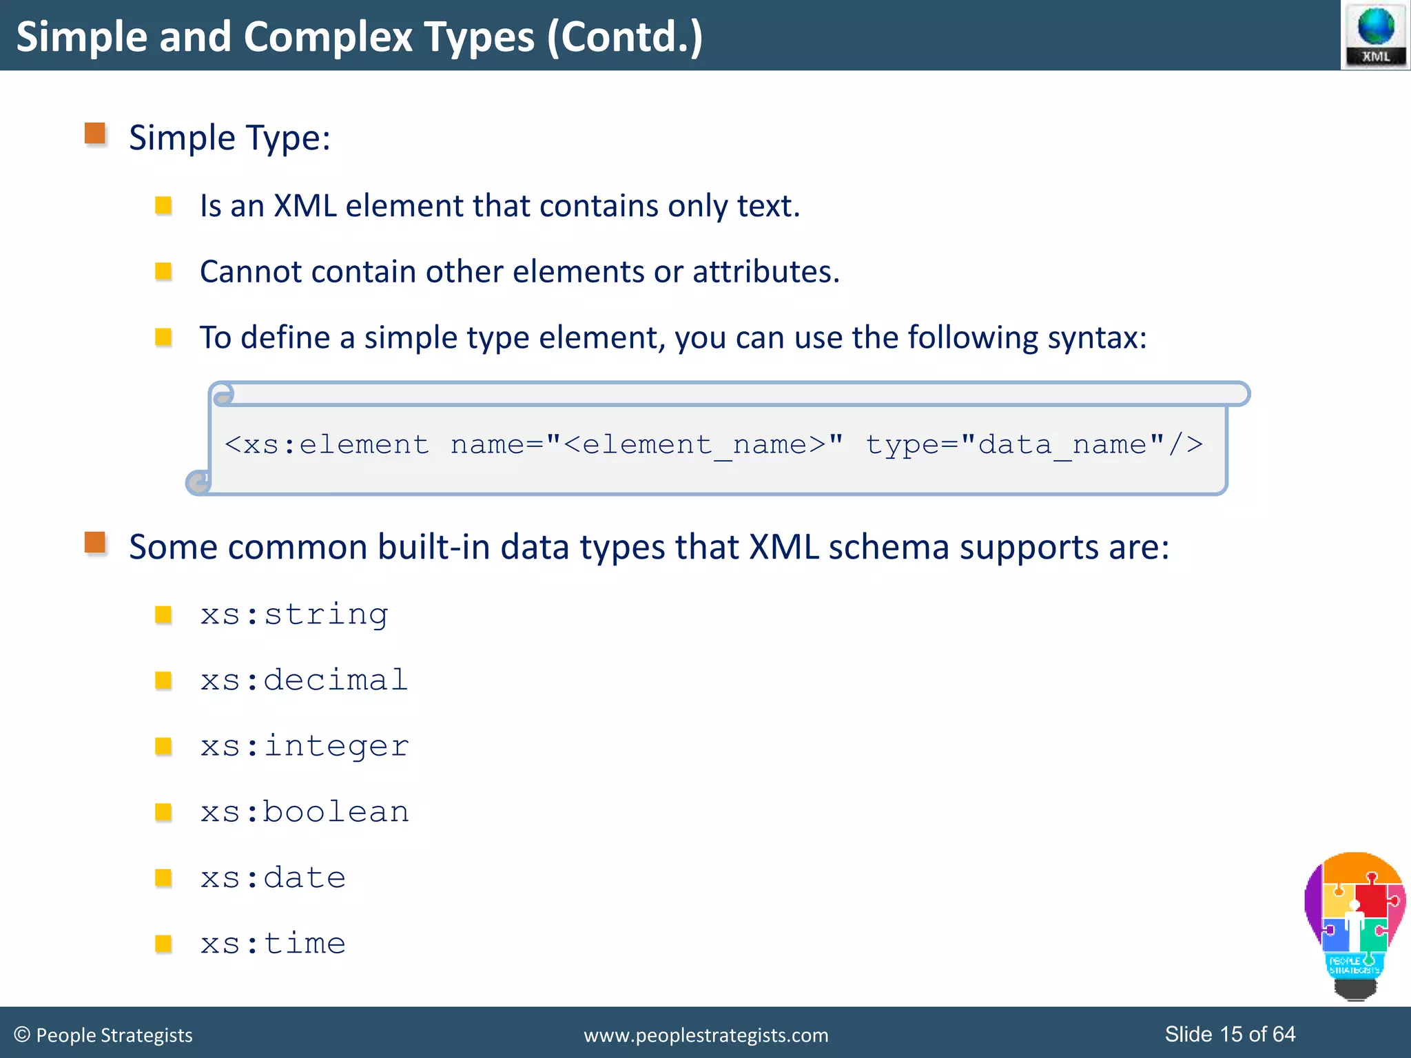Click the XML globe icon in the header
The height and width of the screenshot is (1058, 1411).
click(1376, 34)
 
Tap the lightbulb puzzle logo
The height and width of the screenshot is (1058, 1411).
click(1354, 923)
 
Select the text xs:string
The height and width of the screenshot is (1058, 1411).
click(294, 614)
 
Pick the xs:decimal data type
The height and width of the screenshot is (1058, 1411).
click(304, 680)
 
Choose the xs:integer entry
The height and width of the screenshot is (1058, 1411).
click(305, 746)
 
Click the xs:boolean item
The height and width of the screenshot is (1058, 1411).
click(305, 811)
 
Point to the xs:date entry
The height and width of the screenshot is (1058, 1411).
click(273, 878)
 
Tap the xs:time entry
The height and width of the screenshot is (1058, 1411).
click(273, 943)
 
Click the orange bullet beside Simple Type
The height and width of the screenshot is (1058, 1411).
click(95, 134)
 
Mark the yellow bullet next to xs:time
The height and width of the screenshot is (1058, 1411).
click(163, 943)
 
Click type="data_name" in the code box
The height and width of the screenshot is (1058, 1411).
click(1033, 444)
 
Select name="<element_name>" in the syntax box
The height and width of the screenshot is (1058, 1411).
click(646, 444)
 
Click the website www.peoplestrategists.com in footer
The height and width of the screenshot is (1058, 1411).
click(705, 1035)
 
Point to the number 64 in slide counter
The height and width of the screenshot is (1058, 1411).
click(1284, 1034)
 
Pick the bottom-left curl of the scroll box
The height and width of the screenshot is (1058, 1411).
click(198, 482)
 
